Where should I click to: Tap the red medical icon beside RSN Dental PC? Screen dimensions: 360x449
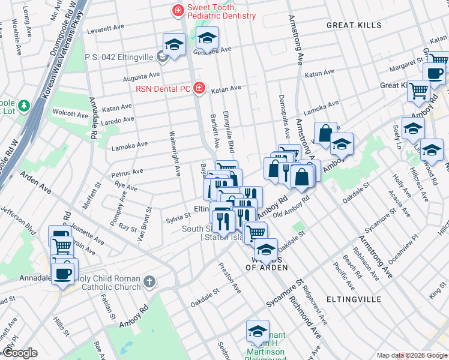coord(199,89)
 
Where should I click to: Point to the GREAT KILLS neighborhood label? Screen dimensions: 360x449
coord(354,25)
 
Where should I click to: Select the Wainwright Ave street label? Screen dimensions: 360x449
coord(175,154)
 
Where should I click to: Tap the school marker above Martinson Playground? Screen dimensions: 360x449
coord(258,332)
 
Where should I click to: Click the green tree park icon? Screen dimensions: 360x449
coord(23,107)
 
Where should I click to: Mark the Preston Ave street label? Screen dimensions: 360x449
coord(230,278)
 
